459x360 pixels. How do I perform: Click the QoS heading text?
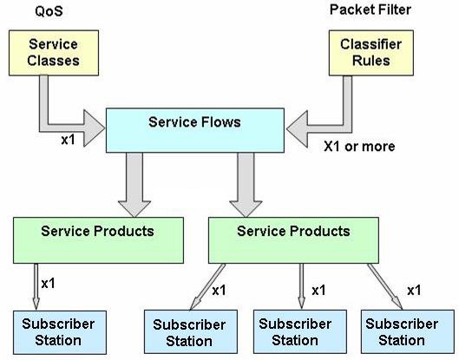(x=49, y=11)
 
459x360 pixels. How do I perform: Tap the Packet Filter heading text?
(x=370, y=10)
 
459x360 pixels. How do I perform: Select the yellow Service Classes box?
(x=54, y=53)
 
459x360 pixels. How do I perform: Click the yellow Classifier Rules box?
(x=371, y=53)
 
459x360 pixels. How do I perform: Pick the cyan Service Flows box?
(x=195, y=130)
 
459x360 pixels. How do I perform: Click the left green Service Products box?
(x=98, y=240)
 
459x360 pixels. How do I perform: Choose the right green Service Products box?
(x=293, y=240)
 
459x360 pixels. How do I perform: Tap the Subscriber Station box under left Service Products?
(x=60, y=332)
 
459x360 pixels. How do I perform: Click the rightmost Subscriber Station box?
(x=408, y=332)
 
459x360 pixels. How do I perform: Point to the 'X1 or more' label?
(x=359, y=146)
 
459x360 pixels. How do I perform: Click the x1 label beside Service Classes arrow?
(x=69, y=140)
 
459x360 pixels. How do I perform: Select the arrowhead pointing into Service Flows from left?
(x=94, y=128)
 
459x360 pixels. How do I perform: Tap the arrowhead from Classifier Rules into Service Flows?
(x=297, y=128)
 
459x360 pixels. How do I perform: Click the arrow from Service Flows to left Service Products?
(x=134, y=185)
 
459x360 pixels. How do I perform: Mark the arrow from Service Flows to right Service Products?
(x=246, y=185)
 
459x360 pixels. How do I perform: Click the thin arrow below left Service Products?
(x=36, y=287)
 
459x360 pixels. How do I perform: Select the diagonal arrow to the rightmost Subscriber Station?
(x=385, y=286)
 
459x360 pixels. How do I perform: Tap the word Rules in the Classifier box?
(x=370, y=61)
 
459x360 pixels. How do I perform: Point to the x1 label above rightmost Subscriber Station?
(x=414, y=291)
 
